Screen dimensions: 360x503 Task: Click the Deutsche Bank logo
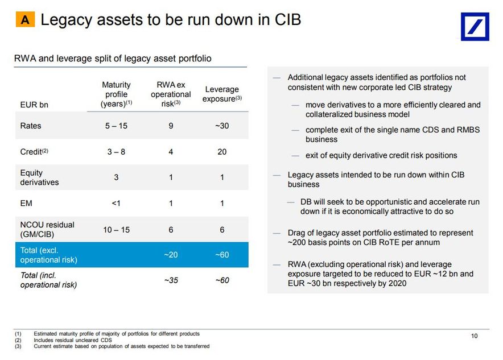[x=475, y=27]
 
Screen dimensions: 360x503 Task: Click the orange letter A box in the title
[x=25, y=20]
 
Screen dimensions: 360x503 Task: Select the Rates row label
[x=31, y=126]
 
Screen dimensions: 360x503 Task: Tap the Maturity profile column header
[x=116, y=94]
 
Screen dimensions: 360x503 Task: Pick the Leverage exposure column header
[x=222, y=94]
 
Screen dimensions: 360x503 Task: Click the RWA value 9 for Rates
[x=171, y=126]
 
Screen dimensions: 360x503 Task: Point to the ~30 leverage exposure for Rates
[x=222, y=126]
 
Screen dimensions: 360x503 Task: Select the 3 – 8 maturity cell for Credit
[x=116, y=152]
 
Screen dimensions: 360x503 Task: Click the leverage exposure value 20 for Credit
[x=222, y=152]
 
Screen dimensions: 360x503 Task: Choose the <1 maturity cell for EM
[x=116, y=203]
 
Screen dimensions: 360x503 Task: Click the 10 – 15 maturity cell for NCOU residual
[x=116, y=230]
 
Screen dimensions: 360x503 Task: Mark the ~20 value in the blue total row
[x=171, y=255]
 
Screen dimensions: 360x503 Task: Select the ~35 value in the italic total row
[x=171, y=280]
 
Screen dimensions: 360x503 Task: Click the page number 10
[x=475, y=336]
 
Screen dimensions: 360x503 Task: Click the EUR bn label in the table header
[x=34, y=105]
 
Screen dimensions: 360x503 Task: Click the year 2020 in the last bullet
[x=396, y=283]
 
